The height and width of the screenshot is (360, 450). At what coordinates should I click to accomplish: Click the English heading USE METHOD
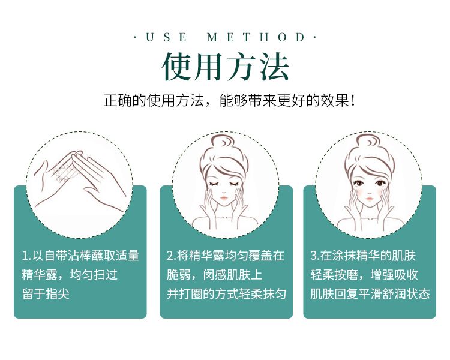[225, 37]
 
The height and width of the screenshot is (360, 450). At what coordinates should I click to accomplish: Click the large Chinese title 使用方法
[225, 67]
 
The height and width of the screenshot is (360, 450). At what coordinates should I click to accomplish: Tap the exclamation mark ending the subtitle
[353, 101]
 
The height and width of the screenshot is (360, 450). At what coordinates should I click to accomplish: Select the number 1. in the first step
[26, 256]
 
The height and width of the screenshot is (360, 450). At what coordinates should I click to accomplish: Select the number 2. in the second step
[172, 256]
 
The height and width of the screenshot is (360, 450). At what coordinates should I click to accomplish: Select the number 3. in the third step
[315, 256]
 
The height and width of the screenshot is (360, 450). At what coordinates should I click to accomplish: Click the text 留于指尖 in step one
[46, 294]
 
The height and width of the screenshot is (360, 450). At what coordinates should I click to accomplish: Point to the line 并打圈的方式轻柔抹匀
[226, 294]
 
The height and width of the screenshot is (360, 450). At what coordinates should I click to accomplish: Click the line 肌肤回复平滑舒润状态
[370, 294]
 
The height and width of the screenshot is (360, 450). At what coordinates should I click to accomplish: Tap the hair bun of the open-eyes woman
[368, 143]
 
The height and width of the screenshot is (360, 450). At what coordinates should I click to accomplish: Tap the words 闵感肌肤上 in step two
[233, 275]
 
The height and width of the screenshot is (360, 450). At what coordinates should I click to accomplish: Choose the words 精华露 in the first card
[40, 275]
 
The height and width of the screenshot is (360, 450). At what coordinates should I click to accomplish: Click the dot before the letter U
[136, 37]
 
